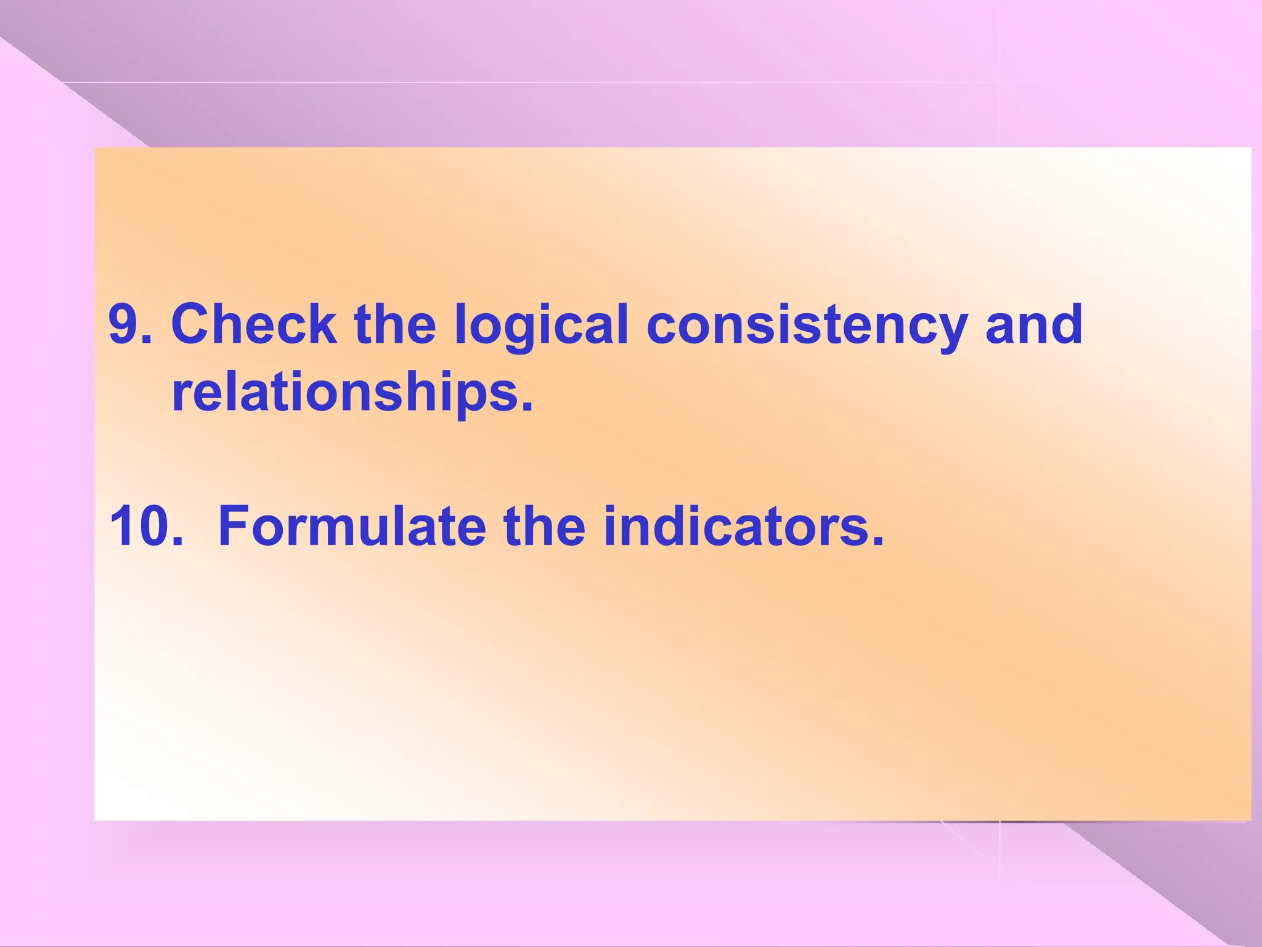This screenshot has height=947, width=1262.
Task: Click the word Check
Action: (x=253, y=325)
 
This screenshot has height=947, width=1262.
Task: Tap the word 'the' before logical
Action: (x=395, y=325)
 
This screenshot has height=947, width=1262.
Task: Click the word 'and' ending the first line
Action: (x=1033, y=325)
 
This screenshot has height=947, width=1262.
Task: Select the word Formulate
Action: (x=352, y=526)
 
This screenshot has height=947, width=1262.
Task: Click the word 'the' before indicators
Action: (x=544, y=526)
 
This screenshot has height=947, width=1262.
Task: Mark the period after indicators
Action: (x=877, y=540)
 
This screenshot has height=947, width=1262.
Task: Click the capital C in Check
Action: (x=192, y=325)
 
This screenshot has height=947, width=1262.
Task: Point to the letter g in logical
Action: (x=519, y=333)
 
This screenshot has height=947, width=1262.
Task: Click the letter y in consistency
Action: (x=950, y=333)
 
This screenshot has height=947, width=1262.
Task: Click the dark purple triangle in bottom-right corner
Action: (x=1202, y=875)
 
